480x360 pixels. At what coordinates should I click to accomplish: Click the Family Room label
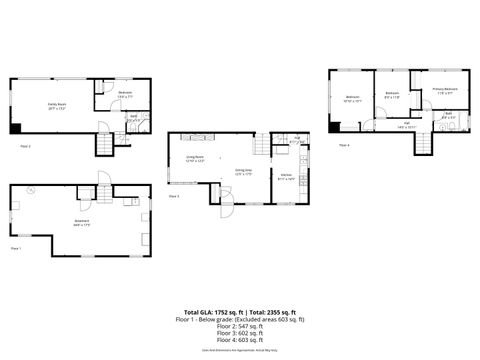click(56, 104)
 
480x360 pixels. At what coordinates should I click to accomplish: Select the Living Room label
click(194, 158)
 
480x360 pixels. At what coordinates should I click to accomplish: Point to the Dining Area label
click(243, 171)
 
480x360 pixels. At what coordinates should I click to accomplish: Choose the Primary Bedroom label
click(445, 90)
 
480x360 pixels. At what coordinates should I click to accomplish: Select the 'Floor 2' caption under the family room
click(25, 146)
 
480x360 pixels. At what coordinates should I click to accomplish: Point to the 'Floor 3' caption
click(174, 196)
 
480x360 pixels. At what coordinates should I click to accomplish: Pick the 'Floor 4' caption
click(343, 146)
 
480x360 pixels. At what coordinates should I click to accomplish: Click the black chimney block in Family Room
click(15, 127)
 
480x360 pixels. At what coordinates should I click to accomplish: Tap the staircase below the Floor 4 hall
click(425, 142)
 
